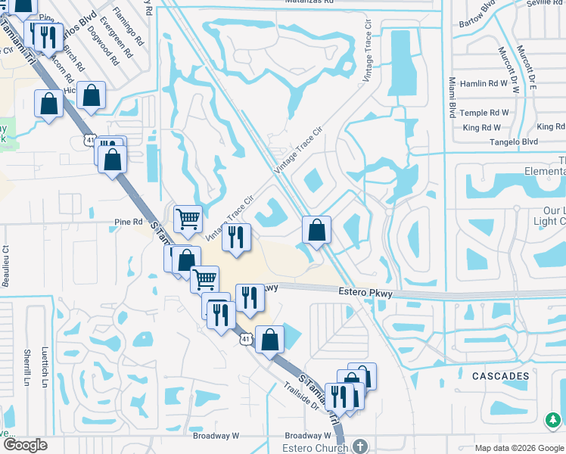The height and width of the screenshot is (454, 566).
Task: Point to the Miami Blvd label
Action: (452, 97)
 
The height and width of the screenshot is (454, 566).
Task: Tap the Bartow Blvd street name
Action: (479, 16)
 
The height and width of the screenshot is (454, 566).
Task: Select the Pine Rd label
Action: (128, 222)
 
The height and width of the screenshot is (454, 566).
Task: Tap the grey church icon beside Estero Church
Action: (360, 446)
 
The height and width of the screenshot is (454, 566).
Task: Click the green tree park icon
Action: (553, 418)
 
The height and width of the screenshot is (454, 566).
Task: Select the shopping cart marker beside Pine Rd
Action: (188, 219)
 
